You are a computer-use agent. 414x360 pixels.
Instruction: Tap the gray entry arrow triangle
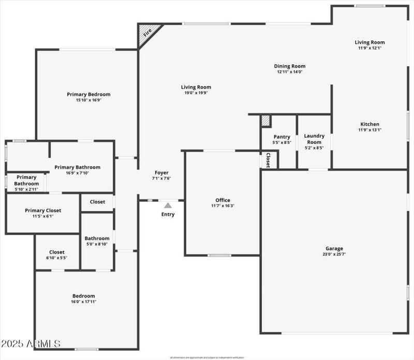(168, 205)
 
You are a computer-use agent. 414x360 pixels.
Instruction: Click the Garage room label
(334, 248)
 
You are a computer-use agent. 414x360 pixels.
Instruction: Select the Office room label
(223, 200)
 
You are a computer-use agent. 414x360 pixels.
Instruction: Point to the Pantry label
(282, 137)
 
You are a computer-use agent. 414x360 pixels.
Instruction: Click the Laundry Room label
(314, 139)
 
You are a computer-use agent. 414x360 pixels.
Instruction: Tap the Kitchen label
(369, 124)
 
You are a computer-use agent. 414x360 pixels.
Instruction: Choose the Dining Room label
(290, 66)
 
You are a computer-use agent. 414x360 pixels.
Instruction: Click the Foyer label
(161, 173)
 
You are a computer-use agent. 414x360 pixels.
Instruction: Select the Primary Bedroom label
(88, 94)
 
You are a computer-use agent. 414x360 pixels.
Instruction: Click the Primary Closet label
(43, 211)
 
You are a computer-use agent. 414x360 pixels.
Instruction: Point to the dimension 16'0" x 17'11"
(84, 302)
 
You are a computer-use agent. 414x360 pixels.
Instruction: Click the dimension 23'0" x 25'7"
(334, 254)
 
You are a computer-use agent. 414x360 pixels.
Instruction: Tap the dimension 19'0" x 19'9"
(196, 93)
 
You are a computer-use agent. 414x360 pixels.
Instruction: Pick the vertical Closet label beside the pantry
(268, 160)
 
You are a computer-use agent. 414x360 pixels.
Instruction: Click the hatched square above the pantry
(266, 121)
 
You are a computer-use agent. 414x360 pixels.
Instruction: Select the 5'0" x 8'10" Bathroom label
(97, 238)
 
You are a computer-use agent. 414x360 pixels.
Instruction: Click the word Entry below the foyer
(168, 214)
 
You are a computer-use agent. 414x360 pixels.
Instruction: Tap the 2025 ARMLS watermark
(31, 343)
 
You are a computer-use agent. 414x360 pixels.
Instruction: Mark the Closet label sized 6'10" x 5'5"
(57, 252)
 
